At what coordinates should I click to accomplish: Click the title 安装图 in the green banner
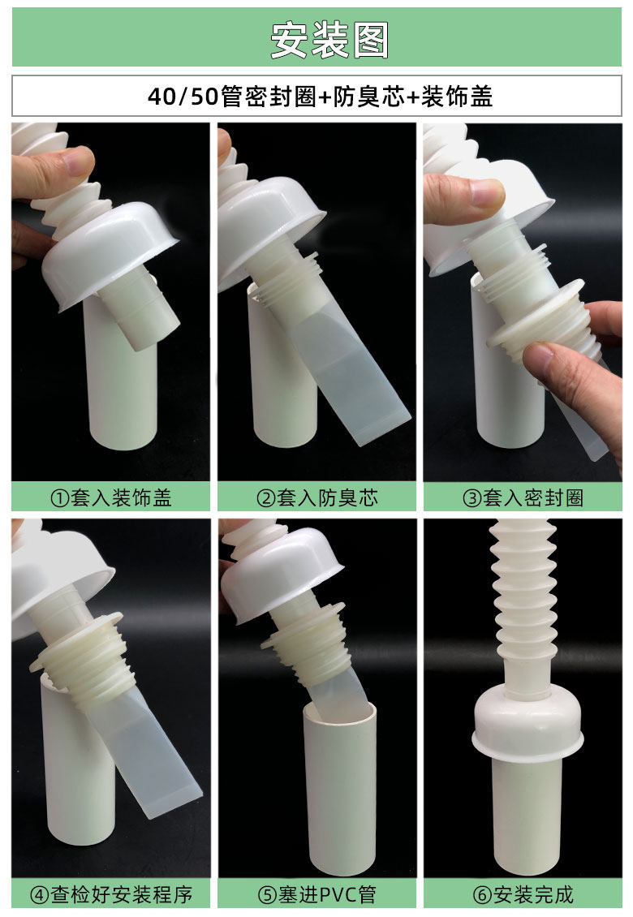point(329,41)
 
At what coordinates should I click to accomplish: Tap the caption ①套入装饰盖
point(111,497)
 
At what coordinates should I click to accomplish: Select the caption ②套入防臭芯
point(317,497)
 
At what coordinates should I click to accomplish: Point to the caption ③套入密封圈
point(523,497)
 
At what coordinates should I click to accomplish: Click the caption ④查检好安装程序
point(111,895)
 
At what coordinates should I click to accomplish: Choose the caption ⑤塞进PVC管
point(317,895)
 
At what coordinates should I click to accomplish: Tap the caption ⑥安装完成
point(523,895)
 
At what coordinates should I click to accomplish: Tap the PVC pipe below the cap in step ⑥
point(527,814)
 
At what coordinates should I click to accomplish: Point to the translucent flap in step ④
point(146,756)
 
